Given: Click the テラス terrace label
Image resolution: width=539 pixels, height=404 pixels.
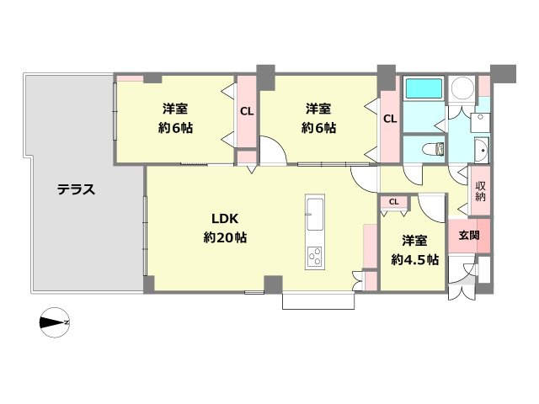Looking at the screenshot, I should [x=76, y=189].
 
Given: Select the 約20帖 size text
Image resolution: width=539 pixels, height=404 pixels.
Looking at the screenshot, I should [x=224, y=237].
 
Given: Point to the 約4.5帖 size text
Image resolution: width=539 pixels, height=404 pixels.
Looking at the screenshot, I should [x=414, y=259].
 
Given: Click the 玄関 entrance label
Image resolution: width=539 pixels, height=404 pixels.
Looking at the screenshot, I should [x=469, y=236].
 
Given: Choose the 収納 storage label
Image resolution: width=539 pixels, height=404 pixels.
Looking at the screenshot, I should [x=480, y=191].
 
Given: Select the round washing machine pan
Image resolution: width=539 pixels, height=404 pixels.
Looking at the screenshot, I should [x=462, y=88].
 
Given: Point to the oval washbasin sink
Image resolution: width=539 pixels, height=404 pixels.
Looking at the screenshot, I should [x=481, y=151].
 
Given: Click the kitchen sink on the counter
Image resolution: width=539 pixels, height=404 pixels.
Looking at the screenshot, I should [x=313, y=215].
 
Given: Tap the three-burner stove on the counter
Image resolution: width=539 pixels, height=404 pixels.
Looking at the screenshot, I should [x=314, y=256].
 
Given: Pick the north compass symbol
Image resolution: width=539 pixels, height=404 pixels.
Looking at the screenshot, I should [x=56, y=322].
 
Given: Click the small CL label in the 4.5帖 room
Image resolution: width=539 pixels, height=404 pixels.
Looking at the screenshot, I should [x=393, y=201].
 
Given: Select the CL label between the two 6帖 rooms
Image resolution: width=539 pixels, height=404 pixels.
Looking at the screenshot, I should [x=246, y=110].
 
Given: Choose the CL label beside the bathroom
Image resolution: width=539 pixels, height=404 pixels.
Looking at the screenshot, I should [x=389, y=119].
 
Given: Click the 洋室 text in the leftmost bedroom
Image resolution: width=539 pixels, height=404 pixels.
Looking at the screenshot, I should [x=174, y=109].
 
